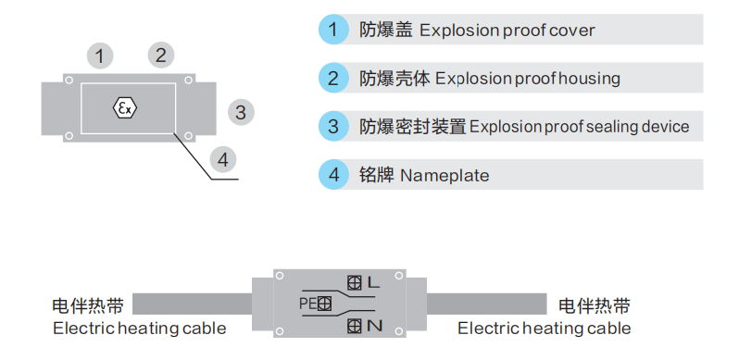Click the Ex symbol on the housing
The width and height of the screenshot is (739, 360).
(x=125, y=108)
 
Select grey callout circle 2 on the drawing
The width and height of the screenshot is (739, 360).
(x=160, y=55)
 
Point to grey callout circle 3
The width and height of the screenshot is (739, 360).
(x=240, y=113)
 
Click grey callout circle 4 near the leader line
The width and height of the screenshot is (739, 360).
(x=222, y=159)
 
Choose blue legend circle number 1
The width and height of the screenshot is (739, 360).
(x=332, y=30)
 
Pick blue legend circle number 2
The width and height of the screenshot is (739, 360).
(x=332, y=78)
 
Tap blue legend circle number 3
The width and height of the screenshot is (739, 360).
(x=332, y=126)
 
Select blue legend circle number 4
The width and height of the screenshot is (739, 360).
(x=332, y=174)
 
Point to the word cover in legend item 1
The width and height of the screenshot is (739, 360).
(x=573, y=31)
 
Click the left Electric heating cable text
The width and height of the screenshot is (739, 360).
(x=140, y=329)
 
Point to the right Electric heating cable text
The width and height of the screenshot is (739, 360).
(x=545, y=329)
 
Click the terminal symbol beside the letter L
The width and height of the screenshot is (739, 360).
(x=353, y=281)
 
